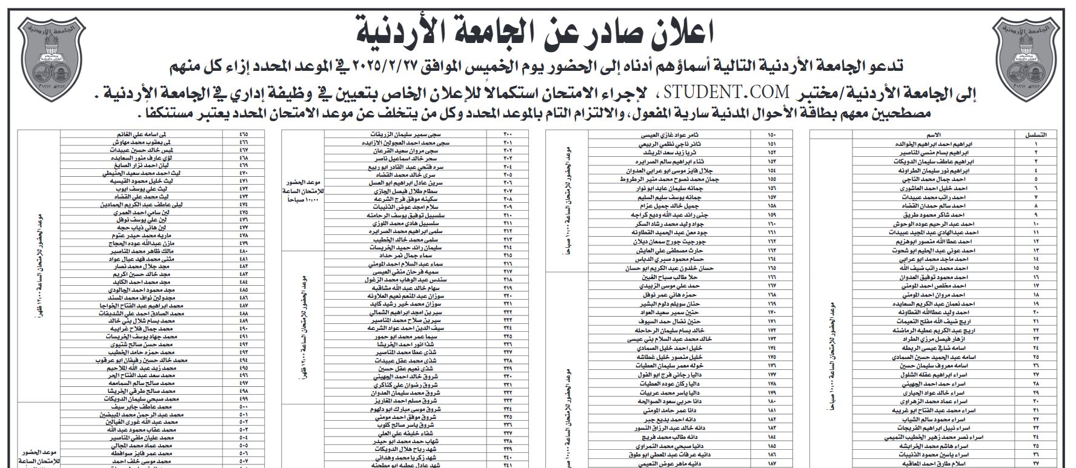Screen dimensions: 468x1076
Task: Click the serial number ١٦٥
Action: pyautogui.click(x=771, y=268)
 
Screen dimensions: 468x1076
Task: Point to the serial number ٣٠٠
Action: pyautogui.click(x=508, y=134)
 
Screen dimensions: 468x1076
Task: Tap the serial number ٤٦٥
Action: pyautogui.click(x=244, y=134)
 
